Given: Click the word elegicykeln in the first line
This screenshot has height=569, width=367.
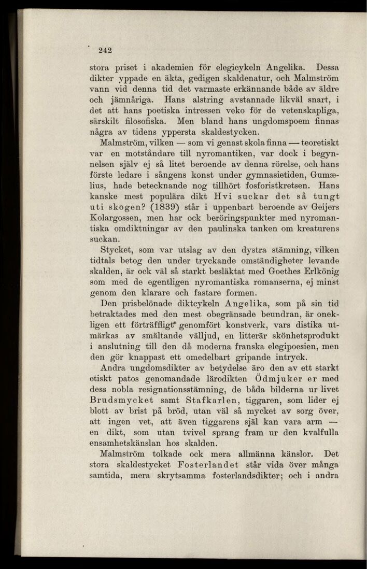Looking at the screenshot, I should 238,67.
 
